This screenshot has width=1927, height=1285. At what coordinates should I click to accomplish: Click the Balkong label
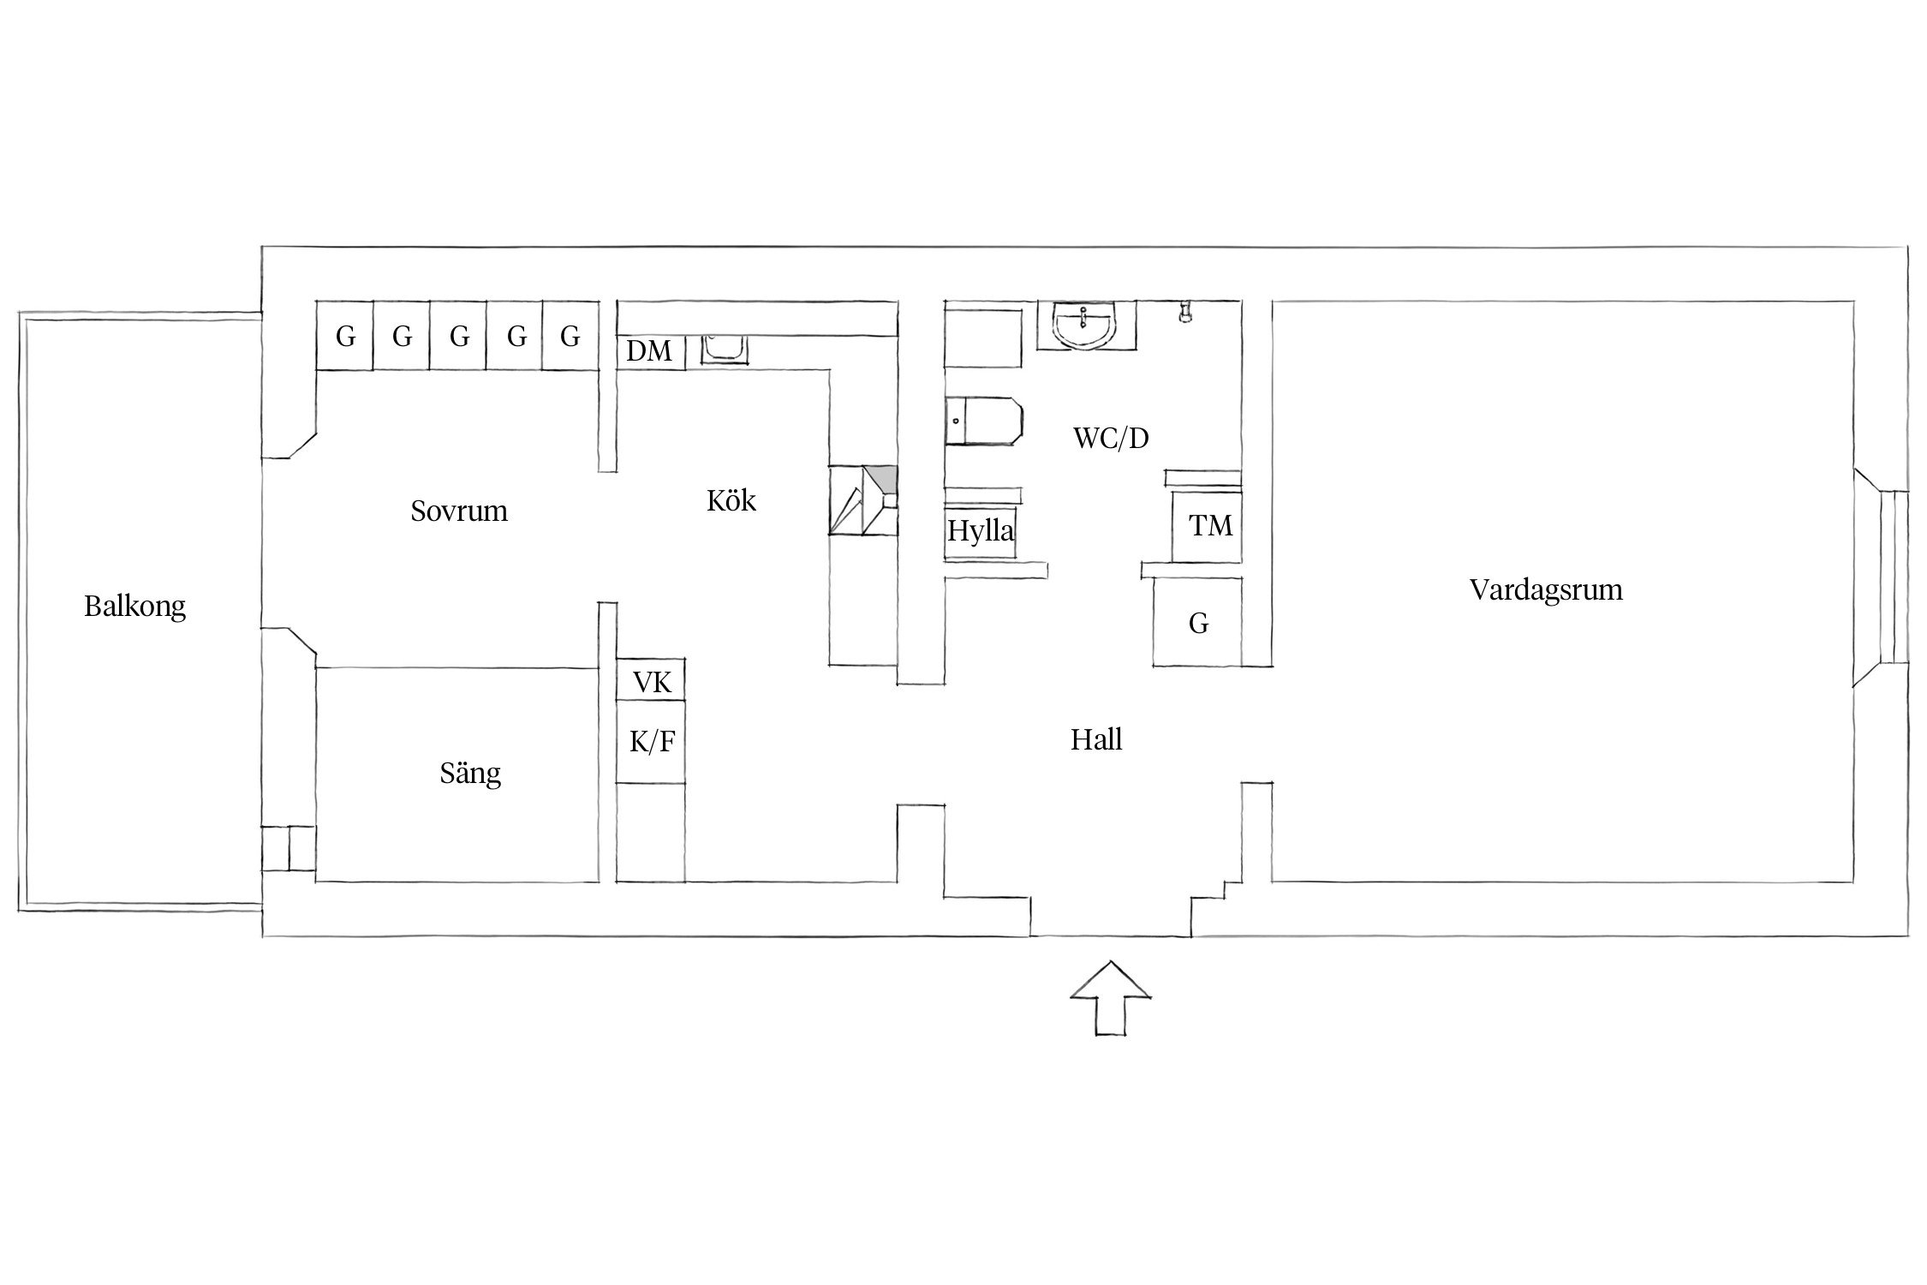134,607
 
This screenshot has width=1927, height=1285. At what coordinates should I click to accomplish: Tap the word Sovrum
459,511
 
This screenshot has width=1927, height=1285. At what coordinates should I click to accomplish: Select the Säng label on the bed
470,774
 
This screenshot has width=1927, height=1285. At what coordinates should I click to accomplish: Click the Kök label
731,501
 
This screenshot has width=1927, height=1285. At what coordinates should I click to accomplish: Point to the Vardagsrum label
1546,590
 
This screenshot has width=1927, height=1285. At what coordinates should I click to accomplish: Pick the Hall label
1096,739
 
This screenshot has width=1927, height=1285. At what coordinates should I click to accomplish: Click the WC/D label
1111,439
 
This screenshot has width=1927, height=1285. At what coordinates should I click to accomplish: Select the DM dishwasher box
650,351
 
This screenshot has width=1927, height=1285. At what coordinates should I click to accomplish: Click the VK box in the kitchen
652,682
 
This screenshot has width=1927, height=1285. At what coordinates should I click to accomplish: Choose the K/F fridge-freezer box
652,742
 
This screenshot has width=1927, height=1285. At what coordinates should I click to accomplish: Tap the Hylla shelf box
981,531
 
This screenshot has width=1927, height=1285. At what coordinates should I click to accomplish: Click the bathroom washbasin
1086,326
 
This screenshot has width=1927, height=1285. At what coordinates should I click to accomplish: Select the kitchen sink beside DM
725,348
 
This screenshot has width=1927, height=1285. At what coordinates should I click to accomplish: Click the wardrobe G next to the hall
1198,623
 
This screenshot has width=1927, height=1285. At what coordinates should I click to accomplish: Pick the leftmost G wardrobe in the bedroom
345,336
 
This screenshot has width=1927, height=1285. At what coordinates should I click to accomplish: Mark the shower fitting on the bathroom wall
1185,312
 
